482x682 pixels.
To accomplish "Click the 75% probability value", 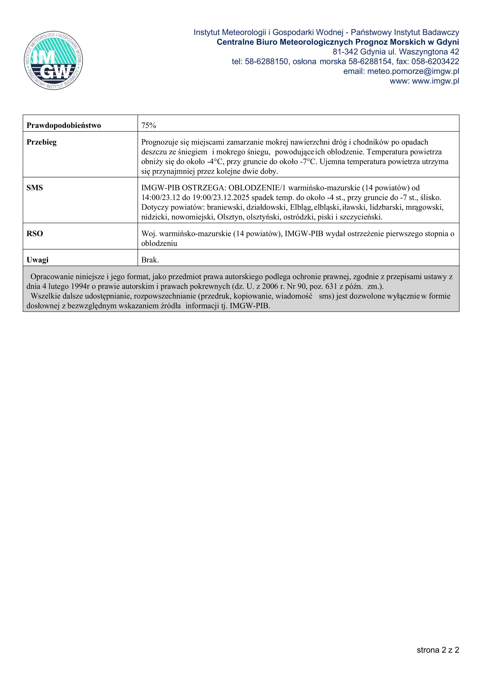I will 149,125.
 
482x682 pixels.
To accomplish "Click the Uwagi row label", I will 38,260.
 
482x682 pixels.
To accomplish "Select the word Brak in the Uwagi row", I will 150,260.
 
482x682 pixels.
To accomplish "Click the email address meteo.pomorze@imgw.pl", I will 413,71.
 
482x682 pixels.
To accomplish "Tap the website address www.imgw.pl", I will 435,81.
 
